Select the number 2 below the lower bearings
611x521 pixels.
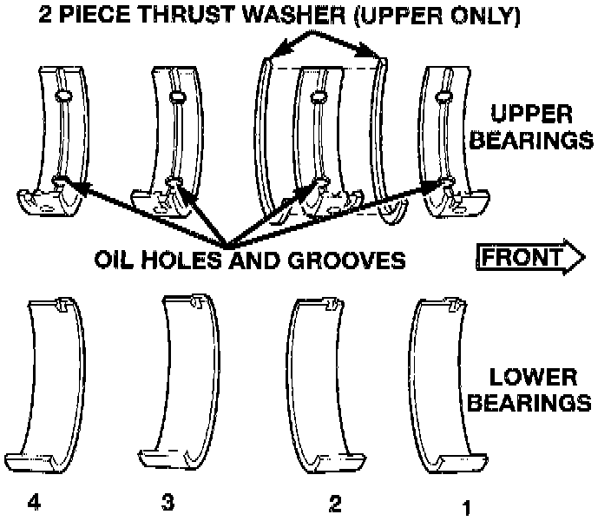pyautogui.click(x=334, y=504)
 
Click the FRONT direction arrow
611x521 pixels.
pyautogui.click(x=531, y=258)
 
